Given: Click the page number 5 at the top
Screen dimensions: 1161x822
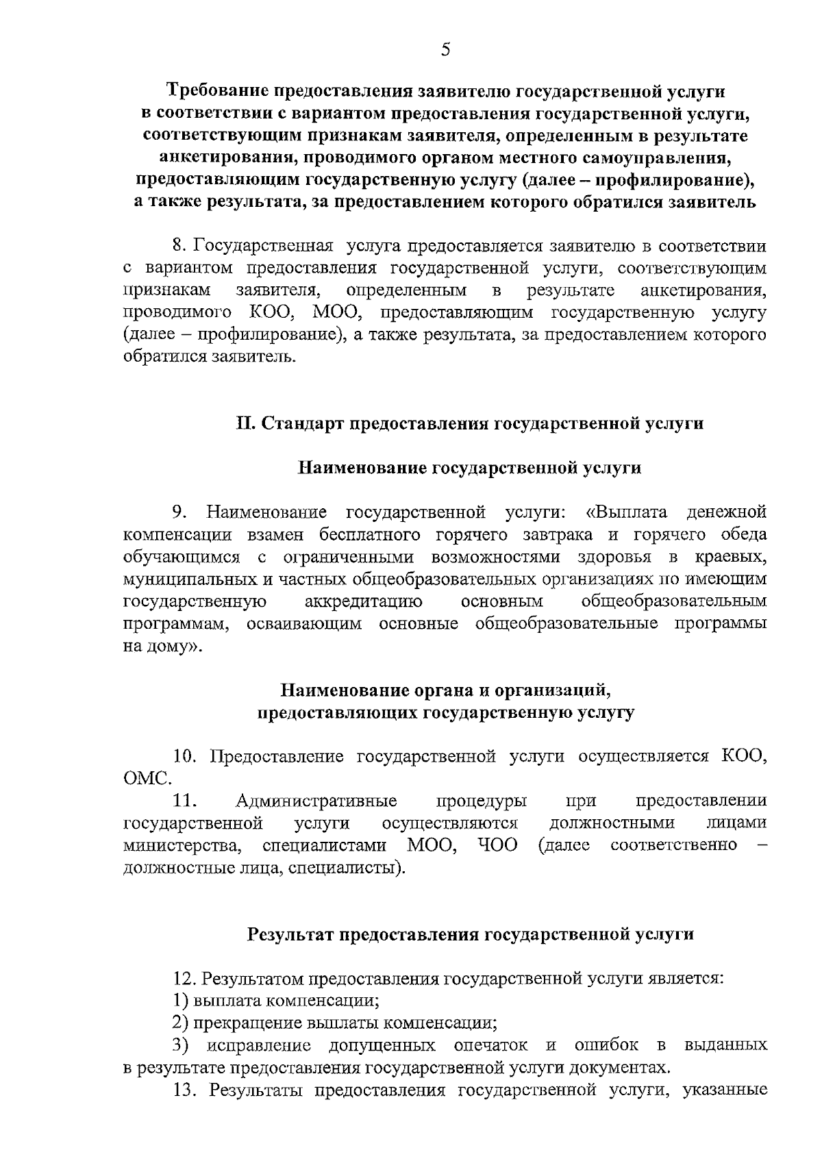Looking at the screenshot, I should pyautogui.click(x=445, y=49).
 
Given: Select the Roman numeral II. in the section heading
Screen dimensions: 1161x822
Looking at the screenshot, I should pyautogui.click(x=245, y=423).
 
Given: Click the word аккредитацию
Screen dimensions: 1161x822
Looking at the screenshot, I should pyautogui.click(x=363, y=601).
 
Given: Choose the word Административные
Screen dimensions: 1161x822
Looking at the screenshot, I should pyautogui.click(x=316, y=801).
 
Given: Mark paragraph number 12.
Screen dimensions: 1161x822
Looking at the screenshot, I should pyautogui.click(x=185, y=978).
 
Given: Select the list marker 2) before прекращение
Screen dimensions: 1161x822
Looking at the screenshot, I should pyautogui.click(x=181, y=1023).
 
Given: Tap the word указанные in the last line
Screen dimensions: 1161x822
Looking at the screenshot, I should pyautogui.click(x=725, y=1090).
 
